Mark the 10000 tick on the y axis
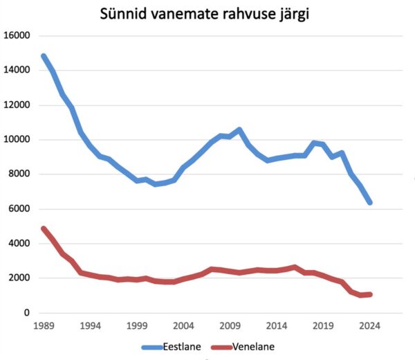tap(17, 140)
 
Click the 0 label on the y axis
tap(28, 313)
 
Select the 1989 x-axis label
tap(44, 325)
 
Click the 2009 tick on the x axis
tap(230, 325)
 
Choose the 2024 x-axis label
tap(370, 325)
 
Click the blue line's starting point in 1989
tap(44, 56)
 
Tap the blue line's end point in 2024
tap(370, 202)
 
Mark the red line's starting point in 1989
tap(44, 228)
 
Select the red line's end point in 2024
tap(371, 294)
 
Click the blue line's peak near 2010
tap(239, 129)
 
